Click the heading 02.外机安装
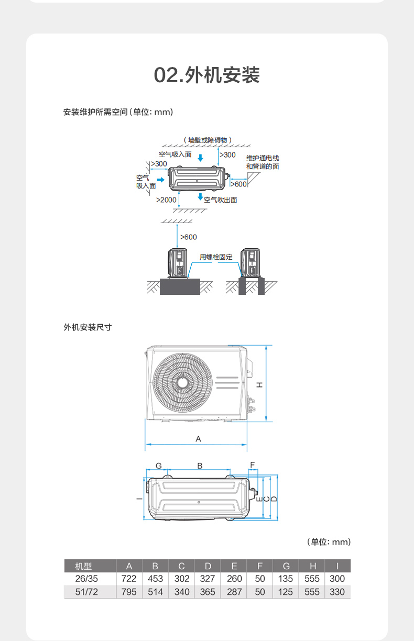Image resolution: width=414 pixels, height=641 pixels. (x=207, y=75)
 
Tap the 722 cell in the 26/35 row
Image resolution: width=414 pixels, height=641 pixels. (x=129, y=579)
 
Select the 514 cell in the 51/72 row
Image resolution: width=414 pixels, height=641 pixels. (x=155, y=592)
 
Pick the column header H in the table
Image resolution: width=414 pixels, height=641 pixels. (x=312, y=566)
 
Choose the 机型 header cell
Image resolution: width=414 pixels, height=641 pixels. (x=84, y=566)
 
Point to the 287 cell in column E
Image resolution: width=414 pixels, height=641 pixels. (x=234, y=592)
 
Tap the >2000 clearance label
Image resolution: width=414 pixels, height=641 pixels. (x=166, y=200)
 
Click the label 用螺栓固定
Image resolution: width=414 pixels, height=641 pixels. (x=216, y=257)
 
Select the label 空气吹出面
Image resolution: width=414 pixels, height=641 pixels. (x=221, y=200)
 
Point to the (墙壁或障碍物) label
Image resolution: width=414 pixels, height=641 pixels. (x=208, y=140)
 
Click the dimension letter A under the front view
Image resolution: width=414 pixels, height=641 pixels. (x=198, y=439)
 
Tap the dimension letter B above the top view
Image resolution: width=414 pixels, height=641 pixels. (x=200, y=466)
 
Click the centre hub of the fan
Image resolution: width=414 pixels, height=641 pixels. (x=182, y=382)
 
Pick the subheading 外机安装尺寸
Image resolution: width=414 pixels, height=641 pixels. (x=88, y=327)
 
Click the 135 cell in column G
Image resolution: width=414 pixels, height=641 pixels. (x=286, y=579)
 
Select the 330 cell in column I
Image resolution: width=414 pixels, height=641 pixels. (x=337, y=592)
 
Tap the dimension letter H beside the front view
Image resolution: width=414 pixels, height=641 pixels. (x=259, y=385)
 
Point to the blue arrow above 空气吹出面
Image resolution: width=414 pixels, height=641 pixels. (x=200, y=196)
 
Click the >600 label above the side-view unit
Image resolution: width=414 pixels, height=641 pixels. (x=189, y=237)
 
